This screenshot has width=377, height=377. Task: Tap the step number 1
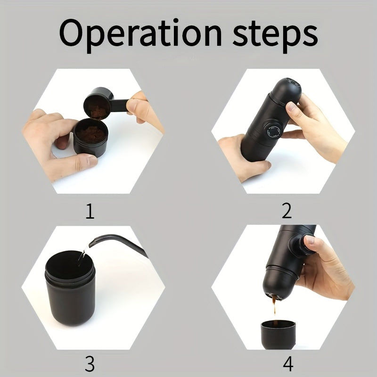click(90, 211)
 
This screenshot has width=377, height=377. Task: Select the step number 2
click(287, 211)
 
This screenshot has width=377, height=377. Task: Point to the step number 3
click(90, 364)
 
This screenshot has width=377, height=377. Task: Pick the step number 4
click(287, 364)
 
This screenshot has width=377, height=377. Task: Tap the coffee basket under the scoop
click(91, 138)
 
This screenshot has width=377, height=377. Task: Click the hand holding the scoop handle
click(144, 111)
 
